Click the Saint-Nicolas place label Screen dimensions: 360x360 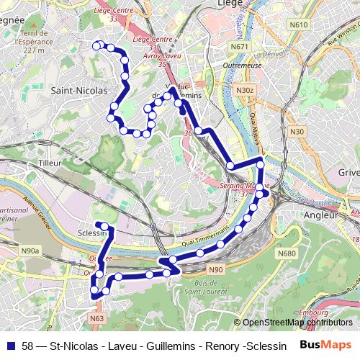[79, 91]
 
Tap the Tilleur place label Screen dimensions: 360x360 [50, 164]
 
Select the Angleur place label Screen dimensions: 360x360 [321, 215]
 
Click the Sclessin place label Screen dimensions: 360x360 [91, 233]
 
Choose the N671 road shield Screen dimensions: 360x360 [240, 47]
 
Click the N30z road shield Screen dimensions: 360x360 [246, 90]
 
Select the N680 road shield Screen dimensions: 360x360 [287, 253]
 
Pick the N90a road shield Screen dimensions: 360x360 [30, 251]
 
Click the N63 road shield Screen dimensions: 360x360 [98, 317]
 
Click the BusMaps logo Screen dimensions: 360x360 [325, 344]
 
